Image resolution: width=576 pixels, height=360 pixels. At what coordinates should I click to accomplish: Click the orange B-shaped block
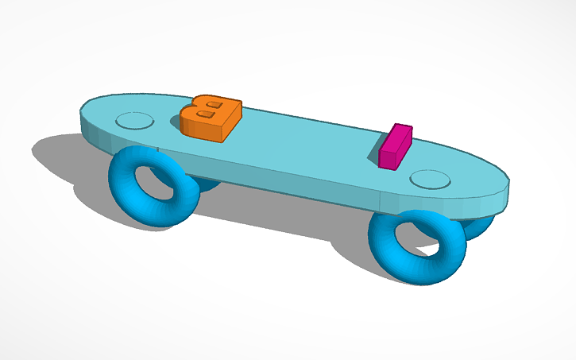pyautogui.click(x=211, y=118)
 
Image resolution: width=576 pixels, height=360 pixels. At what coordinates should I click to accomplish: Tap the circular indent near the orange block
pyautogui.click(x=134, y=121)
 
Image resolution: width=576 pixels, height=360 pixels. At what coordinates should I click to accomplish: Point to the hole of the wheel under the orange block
pyautogui.click(x=153, y=184)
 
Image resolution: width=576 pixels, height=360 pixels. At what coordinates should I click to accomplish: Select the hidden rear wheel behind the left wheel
pyautogui.click(x=205, y=184)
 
